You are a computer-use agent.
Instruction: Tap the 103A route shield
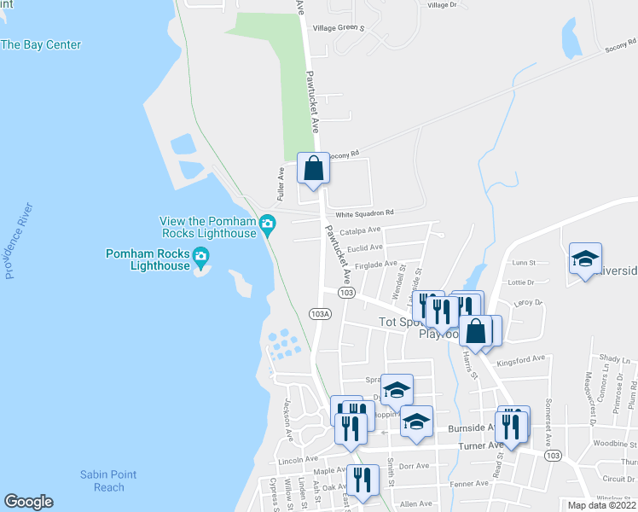click(x=320, y=314)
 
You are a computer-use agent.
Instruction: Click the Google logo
click(x=28, y=502)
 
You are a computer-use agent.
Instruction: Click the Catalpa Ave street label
click(x=360, y=230)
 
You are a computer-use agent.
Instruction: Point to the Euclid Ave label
click(x=363, y=247)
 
